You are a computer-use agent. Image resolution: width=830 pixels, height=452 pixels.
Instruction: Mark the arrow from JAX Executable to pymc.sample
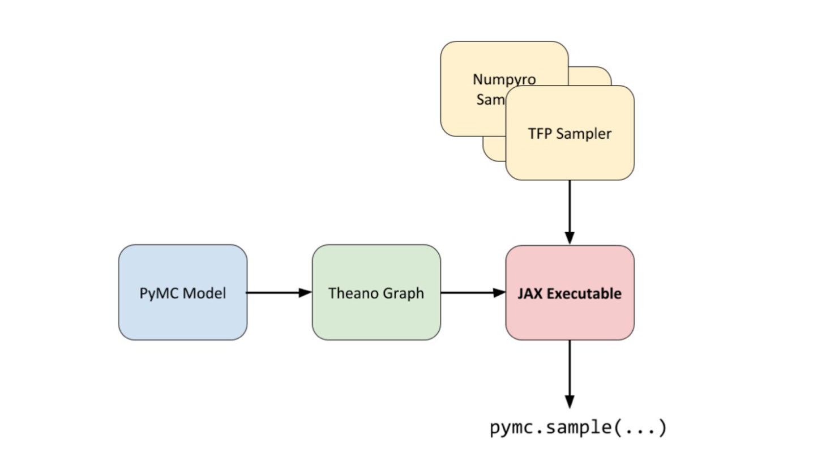point(570,374)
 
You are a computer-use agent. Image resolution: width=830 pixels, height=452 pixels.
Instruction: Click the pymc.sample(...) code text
point(578,427)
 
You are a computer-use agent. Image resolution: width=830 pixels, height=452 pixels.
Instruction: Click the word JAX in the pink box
point(529,293)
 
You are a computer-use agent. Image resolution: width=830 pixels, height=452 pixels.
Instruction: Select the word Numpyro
point(504,79)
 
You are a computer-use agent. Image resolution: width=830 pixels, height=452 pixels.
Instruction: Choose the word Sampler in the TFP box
point(584,134)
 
